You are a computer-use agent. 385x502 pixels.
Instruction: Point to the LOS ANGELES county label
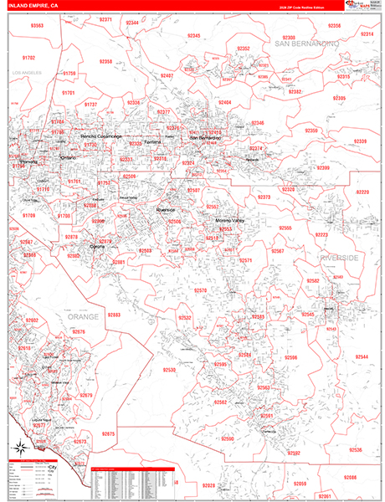coord(26,74)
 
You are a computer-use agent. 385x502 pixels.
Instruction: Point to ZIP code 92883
coord(114,315)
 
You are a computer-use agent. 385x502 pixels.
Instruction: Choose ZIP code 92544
coord(362,356)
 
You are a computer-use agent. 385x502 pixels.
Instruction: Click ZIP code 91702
coord(29,58)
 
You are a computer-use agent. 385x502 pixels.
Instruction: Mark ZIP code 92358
coord(105,61)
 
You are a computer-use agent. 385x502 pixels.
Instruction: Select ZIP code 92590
coord(227,438)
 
